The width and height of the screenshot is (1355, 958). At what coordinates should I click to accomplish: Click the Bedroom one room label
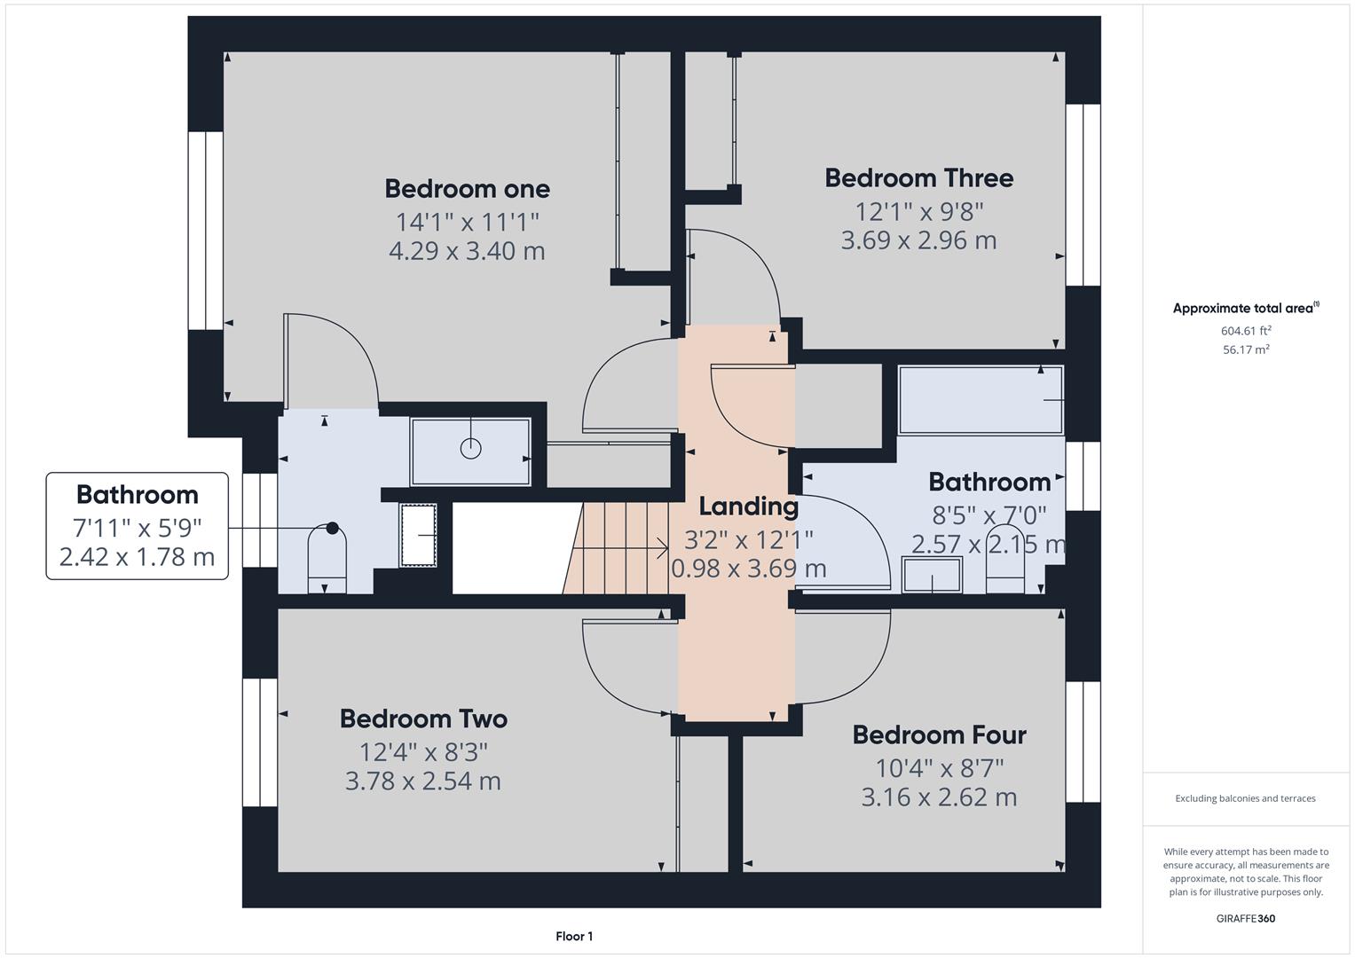click(x=467, y=189)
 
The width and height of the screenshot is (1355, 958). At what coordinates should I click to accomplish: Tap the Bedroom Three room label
click(x=918, y=178)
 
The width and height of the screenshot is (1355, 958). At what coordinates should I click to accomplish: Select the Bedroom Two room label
click(x=423, y=718)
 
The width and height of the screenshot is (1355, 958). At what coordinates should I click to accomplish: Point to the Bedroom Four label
click(x=939, y=734)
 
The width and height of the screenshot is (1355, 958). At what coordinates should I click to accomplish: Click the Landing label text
click(x=748, y=506)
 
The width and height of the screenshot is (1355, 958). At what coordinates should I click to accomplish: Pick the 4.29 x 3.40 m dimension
click(x=467, y=251)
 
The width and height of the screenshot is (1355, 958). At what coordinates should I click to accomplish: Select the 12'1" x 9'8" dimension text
click(x=918, y=212)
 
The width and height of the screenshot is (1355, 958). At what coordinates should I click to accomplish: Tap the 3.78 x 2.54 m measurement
click(x=423, y=781)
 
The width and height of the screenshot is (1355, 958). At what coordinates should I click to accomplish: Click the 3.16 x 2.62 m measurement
click(x=939, y=797)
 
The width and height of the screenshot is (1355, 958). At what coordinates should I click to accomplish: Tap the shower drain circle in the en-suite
click(x=470, y=449)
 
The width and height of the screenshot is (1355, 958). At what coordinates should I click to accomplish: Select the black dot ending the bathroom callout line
click(x=332, y=528)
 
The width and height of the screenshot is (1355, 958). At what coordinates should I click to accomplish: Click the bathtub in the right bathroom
click(x=980, y=400)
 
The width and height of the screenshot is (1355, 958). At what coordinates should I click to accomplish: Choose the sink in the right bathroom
click(x=932, y=574)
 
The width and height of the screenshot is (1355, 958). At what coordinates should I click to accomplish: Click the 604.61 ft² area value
click(x=1246, y=331)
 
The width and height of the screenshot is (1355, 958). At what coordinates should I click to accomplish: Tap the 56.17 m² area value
click(x=1246, y=349)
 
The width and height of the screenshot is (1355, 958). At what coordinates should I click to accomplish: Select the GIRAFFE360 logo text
click(x=1246, y=918)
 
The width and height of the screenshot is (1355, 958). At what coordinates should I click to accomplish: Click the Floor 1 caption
click(x=574, y=936)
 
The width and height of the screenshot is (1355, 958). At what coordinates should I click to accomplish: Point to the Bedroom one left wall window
click(x=205, y=231)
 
